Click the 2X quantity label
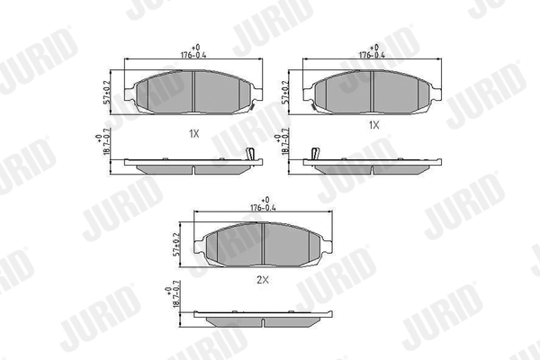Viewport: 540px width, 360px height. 263,281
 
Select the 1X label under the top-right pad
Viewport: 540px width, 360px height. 373,127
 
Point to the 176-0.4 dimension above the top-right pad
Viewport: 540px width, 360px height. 373,52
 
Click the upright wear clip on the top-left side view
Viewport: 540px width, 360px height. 252,154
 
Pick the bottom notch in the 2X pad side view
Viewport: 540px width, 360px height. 263,322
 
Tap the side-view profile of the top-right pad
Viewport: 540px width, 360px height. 373,165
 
